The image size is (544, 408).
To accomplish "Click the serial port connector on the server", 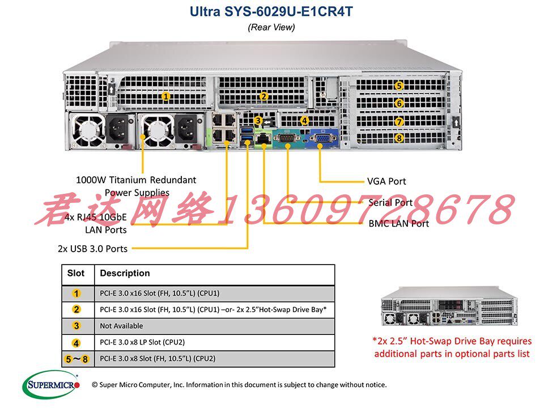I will pyautogui.click(x=288, y=138).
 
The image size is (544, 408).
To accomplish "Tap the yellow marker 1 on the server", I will pyautogui.click(x=165, y=96).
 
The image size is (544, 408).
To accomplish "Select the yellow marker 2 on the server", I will pyautogui.click(x=263, y=96).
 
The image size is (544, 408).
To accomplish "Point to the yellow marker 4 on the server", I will pyautogui.click(x=304, y=120).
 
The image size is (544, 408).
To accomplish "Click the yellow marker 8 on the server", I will pyautogui.click(x=399, y=138).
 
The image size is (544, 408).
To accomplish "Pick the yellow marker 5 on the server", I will pyautogui.click(x=399, y=86).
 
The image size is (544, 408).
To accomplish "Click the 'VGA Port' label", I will pyautogui.click(x=386, y=181).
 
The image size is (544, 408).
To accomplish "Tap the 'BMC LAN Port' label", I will pyautogui.click(x=398, y=223).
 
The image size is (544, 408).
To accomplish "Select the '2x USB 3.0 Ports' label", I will pyautogui.click(x=92, y=248).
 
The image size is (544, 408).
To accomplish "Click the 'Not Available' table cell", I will pyautogui.click(x=121, y=326).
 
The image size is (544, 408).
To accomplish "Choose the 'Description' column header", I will pyautogui.click(x=125, y=273).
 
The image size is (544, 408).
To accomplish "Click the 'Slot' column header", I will pyautogui.click(x=76, y=273).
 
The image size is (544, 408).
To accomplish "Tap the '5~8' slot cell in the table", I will pyautogui.click(x=76, y=359).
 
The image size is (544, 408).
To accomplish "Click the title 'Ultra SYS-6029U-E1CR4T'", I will pyautogui.click(x=271, y=12).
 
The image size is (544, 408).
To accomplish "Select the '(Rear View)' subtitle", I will pyautogui.click(x=271, y=27).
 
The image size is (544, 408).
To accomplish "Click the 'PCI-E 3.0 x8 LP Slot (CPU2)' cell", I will pyautogui.click(x=142, y=342).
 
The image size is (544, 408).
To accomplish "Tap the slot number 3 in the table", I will pyautogui.click(x=76, y=326).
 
